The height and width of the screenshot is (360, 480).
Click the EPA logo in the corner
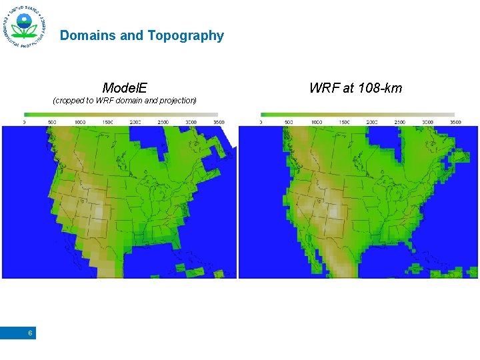click(25, 27)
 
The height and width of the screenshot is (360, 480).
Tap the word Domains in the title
click(88, 36)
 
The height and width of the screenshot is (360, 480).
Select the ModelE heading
click(125, 88)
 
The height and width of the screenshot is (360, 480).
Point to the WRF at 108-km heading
click(355, 88)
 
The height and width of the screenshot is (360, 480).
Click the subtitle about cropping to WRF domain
click(125, 101)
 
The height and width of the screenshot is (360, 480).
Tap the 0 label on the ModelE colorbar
click(25, 122)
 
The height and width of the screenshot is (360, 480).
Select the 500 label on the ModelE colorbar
click(52, 122)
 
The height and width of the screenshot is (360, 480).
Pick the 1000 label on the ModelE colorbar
click(79, 122)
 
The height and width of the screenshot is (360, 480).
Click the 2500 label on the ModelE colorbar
click(163, 122)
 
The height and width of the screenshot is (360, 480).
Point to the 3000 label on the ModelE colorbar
click(191, 122)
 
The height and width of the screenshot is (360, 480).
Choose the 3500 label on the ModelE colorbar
click(219, 122)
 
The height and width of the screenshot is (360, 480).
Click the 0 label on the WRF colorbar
click(261, 122)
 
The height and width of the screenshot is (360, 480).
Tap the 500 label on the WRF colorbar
click(289, 122)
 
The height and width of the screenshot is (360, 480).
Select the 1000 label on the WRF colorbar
click(316, 122)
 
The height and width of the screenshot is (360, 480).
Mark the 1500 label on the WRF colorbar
click(344, 122)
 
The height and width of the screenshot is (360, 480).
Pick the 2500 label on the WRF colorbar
click(400, 122)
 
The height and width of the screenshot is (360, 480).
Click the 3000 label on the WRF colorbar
click(428, 122)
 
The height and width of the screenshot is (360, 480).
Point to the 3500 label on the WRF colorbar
click(456, 122)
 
